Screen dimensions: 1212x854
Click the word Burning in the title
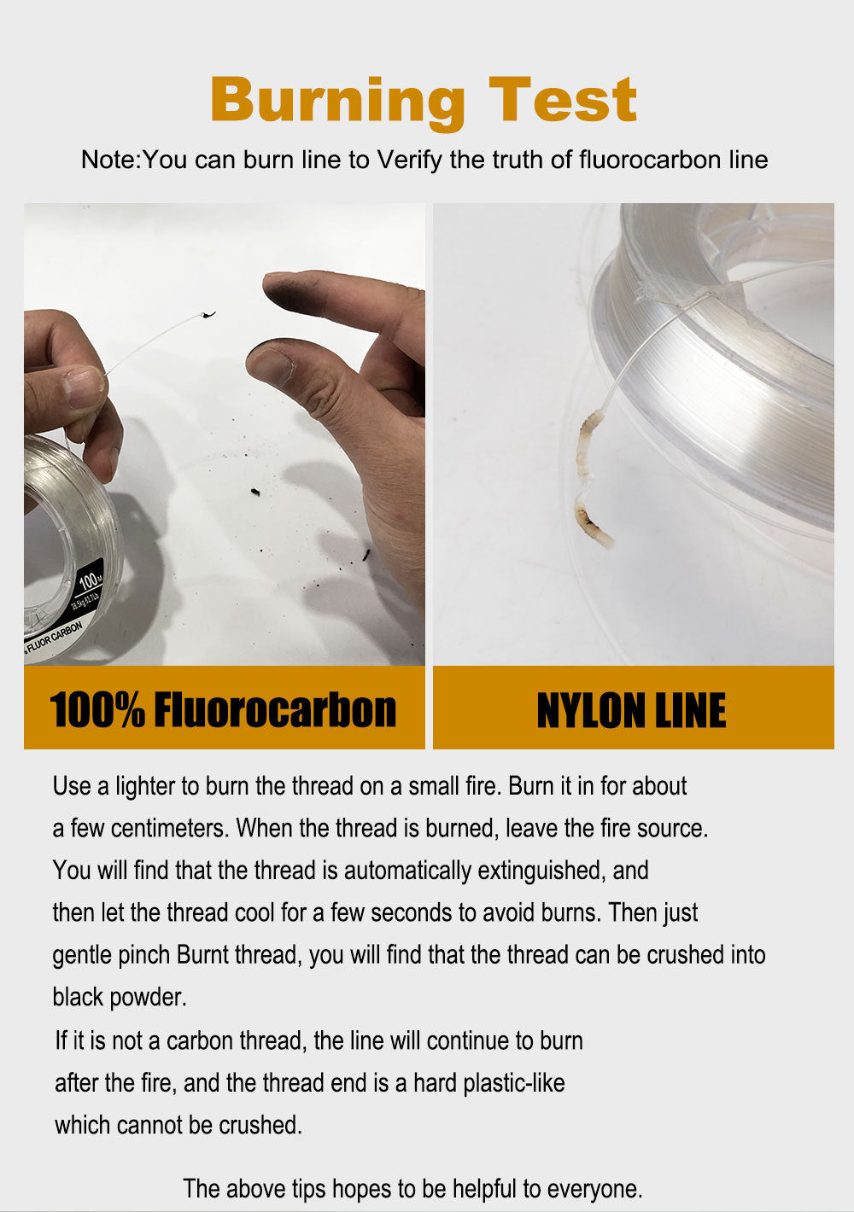tap(337, 101)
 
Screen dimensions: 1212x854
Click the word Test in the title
tap(563, 101)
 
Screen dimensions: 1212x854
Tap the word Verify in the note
tap(409, 160)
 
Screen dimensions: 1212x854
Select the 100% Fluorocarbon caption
tap(224, 710)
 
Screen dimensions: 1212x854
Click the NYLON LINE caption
tap(632, 710)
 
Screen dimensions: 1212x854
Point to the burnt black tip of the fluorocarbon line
tap(208, 315)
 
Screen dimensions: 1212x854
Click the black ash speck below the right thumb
tap(254, 492)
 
